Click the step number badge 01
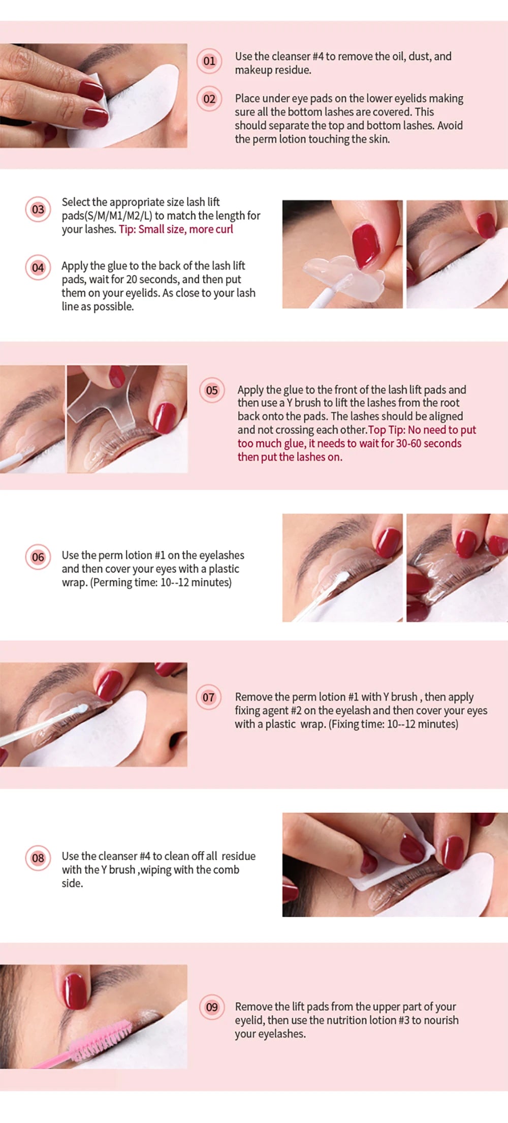click(x=209, y=61)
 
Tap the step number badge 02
click(x=209, y=99)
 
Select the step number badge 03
click(x=38, y=209)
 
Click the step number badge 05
click(x=212, y=390)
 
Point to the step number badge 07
click(x=209, y=697)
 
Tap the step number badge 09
click(x=212, y=1007)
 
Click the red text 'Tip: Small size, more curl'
click(x=176, y=229)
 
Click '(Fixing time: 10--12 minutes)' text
click(x=394, y=724)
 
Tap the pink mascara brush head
click(x=102, y=1038)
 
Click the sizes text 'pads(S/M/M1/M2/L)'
click(x=107, y=216)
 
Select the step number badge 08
click(x=38, y=858)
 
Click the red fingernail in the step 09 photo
click(x=75, y=991)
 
